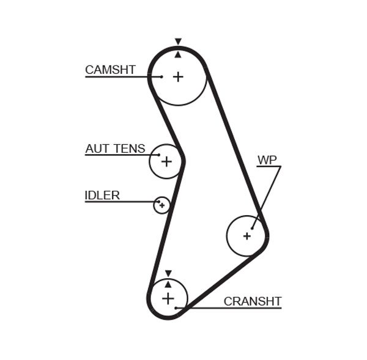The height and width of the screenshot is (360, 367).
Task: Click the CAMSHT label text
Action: (110, 70)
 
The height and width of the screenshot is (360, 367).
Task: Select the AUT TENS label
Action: (115, 149)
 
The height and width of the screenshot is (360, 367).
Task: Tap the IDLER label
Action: (102, 196)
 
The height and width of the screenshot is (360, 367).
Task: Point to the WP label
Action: (267, 160)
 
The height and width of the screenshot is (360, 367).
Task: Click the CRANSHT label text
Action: (252, 301)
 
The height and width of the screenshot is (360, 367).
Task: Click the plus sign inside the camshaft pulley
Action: (178, 77)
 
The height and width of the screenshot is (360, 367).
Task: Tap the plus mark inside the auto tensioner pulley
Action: (166, 161)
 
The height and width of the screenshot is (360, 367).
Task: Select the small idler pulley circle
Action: (161, 205)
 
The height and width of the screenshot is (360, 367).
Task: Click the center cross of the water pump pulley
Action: (247, 235)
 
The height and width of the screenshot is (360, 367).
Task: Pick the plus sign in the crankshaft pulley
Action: (168, 298)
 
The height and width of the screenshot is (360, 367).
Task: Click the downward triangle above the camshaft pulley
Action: (178, 42)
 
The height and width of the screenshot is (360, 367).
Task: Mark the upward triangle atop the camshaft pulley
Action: (178, 54)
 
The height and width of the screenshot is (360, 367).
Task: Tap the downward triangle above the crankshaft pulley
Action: (168, 273)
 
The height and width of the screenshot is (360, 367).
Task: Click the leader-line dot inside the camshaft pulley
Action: (161, 76)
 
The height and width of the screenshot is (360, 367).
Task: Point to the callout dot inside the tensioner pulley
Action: (158, 155)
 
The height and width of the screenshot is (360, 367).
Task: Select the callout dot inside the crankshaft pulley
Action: (176, 307)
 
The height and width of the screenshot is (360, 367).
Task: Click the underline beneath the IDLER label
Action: (116, 202)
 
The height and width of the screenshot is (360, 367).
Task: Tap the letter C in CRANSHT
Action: (228, 301)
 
